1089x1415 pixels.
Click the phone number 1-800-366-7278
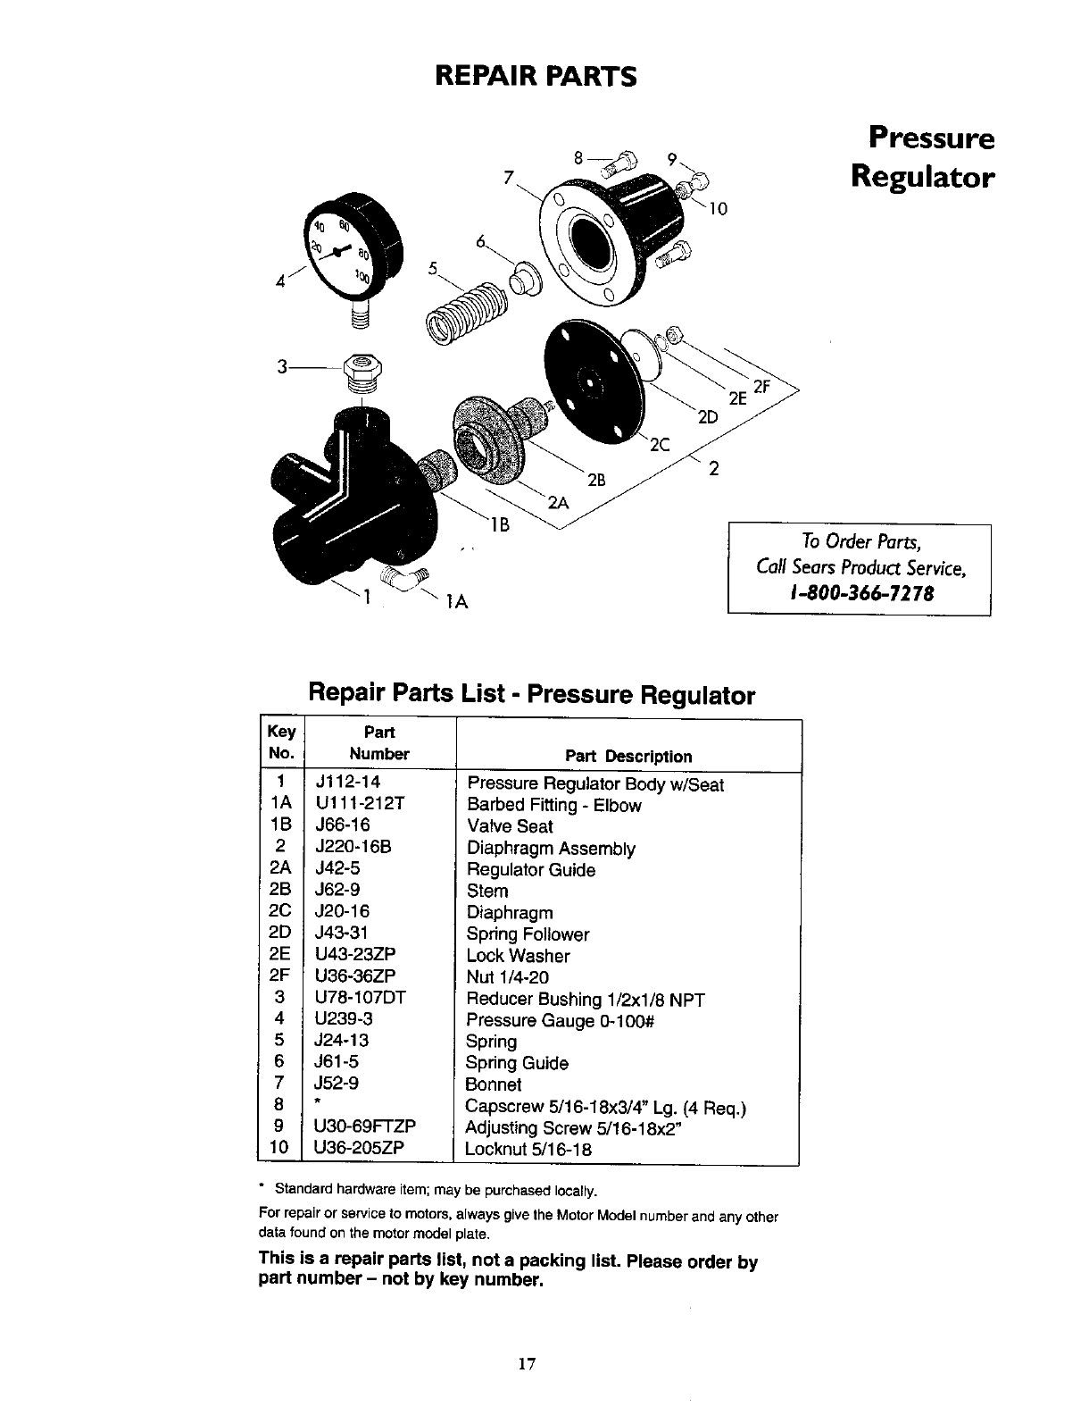click(x=860, y=594)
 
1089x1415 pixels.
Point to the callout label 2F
click(x=761, y=387)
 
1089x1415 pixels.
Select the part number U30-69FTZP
click(x=366, y=1126)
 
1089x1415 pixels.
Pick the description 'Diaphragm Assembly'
click(x=551, y=849)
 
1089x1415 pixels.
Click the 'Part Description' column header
click(x=628, y=757)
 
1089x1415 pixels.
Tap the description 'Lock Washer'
click(x=518, y=956)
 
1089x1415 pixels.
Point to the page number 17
click(x=527, y=1364)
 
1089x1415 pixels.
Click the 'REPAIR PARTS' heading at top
click(x=536, y=76)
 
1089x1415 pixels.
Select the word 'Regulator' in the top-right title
click(x=922, y=177)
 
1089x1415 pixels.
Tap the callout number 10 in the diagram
click(x=719, y=210)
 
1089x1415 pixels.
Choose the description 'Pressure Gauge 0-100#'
click(x=561, y=1020)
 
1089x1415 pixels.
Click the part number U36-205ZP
click(x=361, y=1148)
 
